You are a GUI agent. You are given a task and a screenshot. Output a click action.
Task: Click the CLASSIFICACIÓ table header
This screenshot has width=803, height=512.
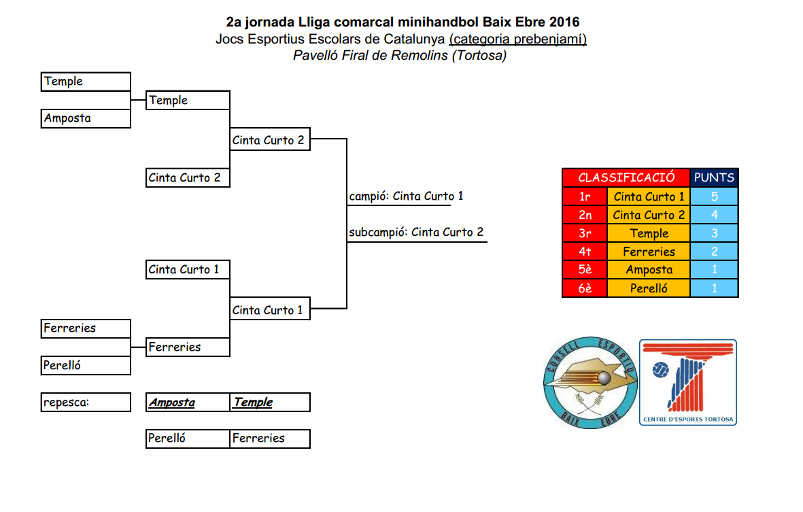626,177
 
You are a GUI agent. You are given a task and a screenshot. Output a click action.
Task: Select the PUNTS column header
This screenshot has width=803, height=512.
714,177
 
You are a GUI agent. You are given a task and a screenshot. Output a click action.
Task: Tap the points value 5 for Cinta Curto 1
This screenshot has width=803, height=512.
714,197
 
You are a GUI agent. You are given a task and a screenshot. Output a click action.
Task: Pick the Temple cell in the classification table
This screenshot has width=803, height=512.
649,233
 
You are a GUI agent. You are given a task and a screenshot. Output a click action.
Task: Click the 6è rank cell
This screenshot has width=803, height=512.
584,288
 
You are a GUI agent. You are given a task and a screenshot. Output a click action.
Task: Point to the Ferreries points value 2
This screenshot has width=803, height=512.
714,252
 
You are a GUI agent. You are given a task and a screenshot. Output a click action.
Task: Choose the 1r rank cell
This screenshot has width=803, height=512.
584,197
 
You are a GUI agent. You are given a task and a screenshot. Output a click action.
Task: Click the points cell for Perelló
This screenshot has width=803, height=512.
714,288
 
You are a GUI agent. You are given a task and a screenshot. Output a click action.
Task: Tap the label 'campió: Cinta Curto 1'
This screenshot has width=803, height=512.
406,197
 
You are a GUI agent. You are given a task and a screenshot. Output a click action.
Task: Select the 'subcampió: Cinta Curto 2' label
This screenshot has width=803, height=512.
416,233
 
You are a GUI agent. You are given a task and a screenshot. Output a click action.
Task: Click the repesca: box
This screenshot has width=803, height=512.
86,402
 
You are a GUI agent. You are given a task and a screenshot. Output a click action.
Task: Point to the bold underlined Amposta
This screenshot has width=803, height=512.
172,403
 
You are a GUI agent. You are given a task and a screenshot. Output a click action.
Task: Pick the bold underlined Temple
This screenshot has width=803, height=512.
253,402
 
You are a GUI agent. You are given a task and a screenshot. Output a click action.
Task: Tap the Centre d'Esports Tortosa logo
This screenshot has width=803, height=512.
688,382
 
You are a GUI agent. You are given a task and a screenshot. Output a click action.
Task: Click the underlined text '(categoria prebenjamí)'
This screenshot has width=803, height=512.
517,39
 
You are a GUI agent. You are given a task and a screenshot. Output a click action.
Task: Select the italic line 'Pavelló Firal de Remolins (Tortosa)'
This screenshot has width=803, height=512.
400,56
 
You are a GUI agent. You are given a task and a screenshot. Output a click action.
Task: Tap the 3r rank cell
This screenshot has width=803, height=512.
584,233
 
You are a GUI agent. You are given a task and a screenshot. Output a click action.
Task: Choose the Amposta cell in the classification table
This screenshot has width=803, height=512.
649,270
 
